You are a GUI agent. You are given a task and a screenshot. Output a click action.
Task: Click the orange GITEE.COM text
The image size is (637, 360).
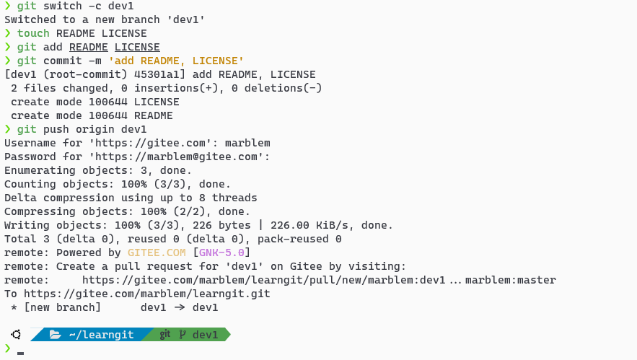point(157,253)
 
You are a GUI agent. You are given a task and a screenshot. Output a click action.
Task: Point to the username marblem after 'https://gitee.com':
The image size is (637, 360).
point(247,143)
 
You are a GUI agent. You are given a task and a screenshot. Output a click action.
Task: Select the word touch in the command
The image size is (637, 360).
point(33,33)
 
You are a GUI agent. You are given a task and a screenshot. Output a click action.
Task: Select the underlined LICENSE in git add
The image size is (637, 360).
point(137,47)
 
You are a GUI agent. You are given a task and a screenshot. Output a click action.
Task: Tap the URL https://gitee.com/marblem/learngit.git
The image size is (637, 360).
point(147,294)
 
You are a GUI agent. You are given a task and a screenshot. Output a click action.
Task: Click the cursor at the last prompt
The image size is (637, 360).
point(21,353)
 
